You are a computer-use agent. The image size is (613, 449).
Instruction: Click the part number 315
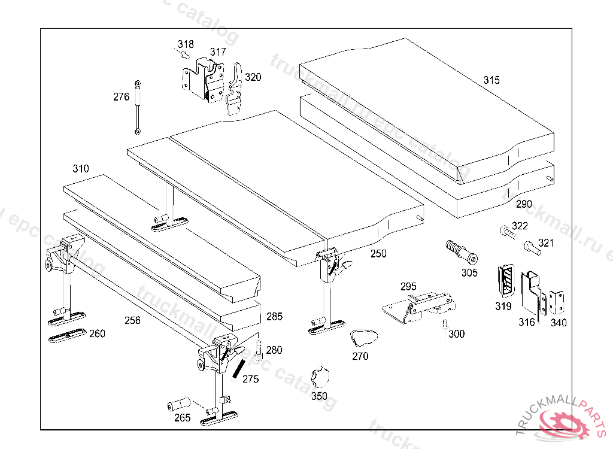[x=491, y=80]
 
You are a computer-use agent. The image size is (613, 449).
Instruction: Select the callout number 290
[x=524, y=204]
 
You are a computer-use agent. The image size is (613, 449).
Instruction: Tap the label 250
[x=378, y=254]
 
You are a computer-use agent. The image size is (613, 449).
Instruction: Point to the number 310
[x=81, y=169]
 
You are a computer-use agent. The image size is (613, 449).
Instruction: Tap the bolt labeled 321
[x=532, y=246]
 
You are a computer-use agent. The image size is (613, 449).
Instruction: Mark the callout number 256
[x=132, y=320]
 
